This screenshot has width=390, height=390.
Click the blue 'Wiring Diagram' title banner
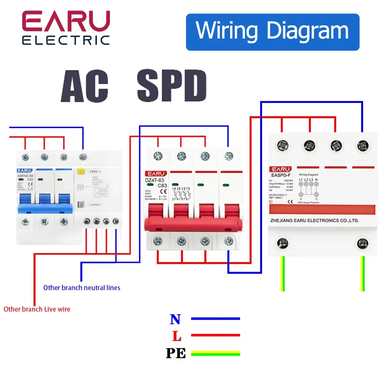pos(272,32)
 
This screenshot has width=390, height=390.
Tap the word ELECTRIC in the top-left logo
pos(66,40)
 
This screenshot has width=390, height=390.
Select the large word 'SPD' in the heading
pos(172,87)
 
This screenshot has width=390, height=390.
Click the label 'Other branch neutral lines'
pos(82,288)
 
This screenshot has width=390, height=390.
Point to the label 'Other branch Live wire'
pos(37,309)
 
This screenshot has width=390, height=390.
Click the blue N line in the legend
pos(215,319)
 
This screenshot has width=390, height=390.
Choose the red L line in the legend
pos(215,335)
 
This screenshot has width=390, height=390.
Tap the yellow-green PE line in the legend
pos(215,353)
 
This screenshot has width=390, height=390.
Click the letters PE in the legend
pos(175,353)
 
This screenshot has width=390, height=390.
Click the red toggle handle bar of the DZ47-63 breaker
pos(193,226)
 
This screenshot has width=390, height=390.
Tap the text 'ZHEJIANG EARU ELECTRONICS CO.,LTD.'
pos(314,221)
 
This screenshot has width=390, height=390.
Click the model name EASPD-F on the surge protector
pos(282,175)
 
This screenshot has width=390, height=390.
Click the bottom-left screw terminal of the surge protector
pos(282,244)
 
